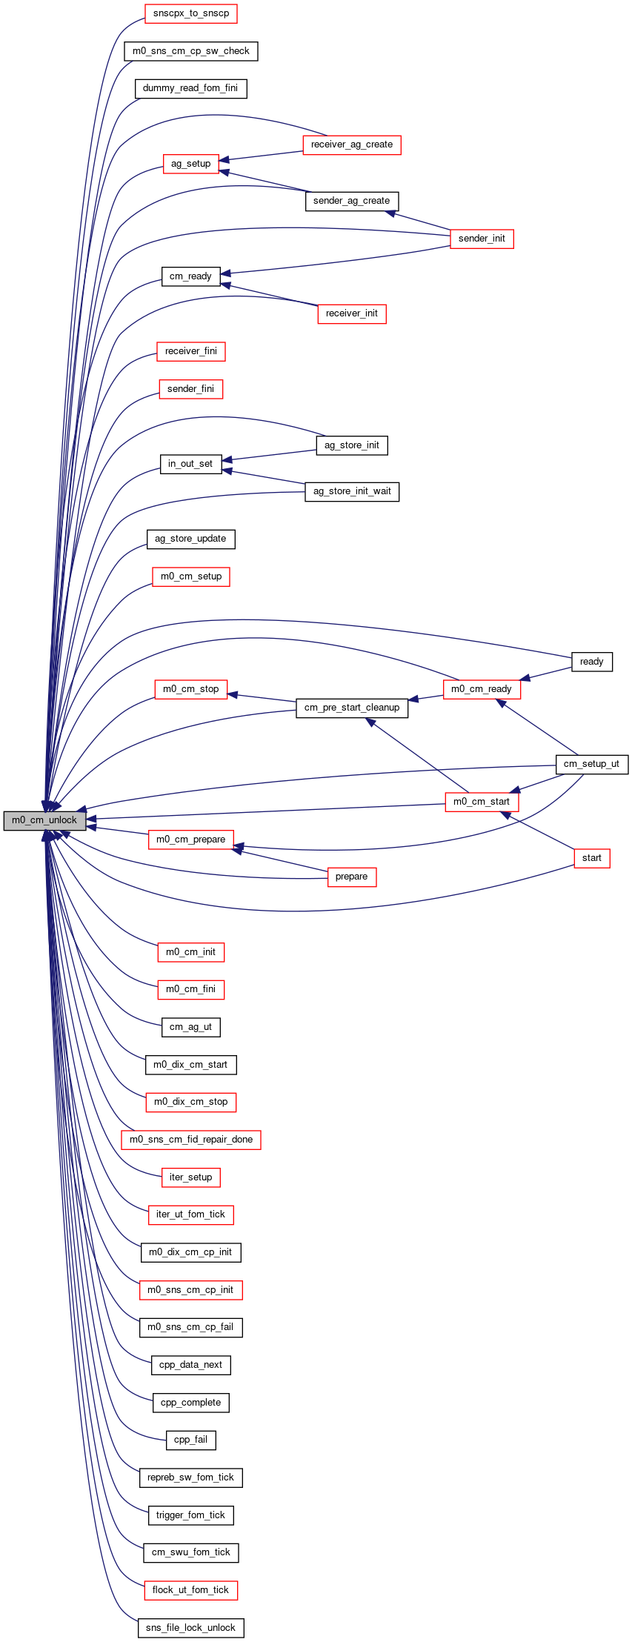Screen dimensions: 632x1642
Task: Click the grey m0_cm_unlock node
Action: [x=44, y=820]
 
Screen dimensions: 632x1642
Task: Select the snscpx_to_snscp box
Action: [x=191, y=13]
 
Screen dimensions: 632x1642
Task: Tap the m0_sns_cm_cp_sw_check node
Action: [x=191, y=51]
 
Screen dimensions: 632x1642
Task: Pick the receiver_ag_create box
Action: [x=352, y=144]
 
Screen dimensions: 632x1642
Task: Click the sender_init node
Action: [x=482, y=239]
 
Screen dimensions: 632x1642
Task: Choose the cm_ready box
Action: [x=190, y=276]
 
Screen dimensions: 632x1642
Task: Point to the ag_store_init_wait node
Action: [x=352, y=491]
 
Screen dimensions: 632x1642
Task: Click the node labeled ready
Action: [x=592, y=662]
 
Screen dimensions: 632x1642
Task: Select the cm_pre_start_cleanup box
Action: [x=352, y=708]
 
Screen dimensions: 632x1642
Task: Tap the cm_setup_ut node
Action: [x=592, y=764]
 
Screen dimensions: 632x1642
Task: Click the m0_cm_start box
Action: [x=482, y=802]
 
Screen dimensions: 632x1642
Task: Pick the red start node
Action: [x=592, y=858]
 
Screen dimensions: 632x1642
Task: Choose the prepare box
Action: [x=351, y=877]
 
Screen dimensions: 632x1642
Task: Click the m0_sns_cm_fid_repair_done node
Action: [x=191, y=1140]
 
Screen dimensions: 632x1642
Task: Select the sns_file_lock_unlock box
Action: [x=190, y=1628]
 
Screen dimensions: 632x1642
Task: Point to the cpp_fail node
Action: [x=190, y=1440]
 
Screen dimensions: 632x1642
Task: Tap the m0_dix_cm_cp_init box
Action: [x=190, y=1252]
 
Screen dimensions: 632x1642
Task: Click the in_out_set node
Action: [x=190, y=464]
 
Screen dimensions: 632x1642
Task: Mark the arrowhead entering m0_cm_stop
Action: [x=233, y=694]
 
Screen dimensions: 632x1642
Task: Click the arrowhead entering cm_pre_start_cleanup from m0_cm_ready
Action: [x=413, y=699]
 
